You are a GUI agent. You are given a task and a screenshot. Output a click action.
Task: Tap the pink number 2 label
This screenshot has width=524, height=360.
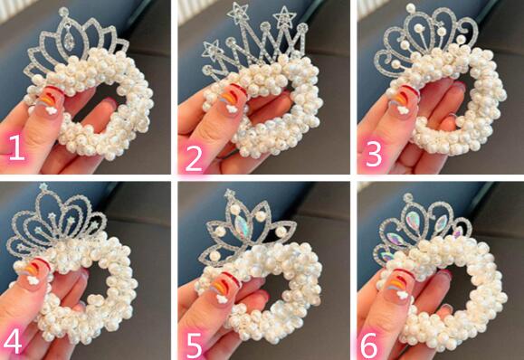point(194,158)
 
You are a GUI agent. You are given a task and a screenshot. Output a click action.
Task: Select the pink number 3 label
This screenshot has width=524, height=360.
point(373,155)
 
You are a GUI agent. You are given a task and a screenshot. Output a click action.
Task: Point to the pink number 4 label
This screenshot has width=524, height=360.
point(13,341)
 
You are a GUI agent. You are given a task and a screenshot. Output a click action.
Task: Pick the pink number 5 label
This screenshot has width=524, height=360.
point(195,346)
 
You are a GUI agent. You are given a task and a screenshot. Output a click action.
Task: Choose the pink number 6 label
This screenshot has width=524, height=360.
point(369,346)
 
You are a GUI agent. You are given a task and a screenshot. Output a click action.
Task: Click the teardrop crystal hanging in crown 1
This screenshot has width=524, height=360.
point(69,42)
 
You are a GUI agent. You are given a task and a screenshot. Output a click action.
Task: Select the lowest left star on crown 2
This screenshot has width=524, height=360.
point(212,50)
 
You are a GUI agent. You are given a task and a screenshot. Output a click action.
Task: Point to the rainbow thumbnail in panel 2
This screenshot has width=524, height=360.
point(232,99)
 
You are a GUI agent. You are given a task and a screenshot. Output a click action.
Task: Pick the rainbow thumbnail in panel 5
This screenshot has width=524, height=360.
point(224,288)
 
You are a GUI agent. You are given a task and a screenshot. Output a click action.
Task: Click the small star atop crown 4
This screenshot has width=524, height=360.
point(43,187)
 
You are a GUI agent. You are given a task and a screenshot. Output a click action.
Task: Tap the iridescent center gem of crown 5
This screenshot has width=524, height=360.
point(243,227)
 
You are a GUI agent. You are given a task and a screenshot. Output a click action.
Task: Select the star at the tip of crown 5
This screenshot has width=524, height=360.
point(230,194)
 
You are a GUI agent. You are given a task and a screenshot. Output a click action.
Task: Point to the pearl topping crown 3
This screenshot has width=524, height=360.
point(411,8)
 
